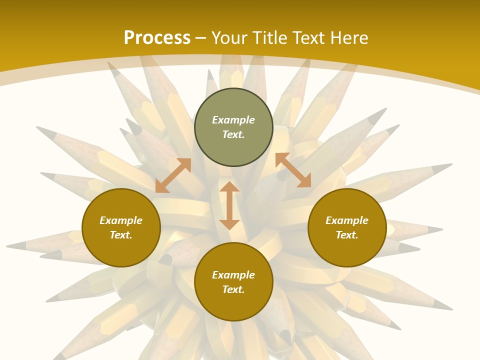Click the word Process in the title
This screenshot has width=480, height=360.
tap(157, 38)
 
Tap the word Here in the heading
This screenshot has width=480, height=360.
tap(348, 38)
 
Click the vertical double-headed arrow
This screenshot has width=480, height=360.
tap(229, 205)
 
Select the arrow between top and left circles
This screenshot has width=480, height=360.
tap(173, 175)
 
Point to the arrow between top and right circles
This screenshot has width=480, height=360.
tap(293, 170)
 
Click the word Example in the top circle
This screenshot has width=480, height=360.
tap(233, 120)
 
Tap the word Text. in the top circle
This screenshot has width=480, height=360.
tap(233, 134)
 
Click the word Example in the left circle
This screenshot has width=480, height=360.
tap(121, 220)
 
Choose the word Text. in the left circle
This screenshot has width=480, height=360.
tap(121, 235)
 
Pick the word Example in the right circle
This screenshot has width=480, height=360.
tap(347, 220)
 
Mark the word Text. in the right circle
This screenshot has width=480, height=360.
tap(347, 235)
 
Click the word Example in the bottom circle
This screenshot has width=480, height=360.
tap(233, 275)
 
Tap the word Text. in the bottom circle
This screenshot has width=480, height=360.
tap(233, 289)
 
